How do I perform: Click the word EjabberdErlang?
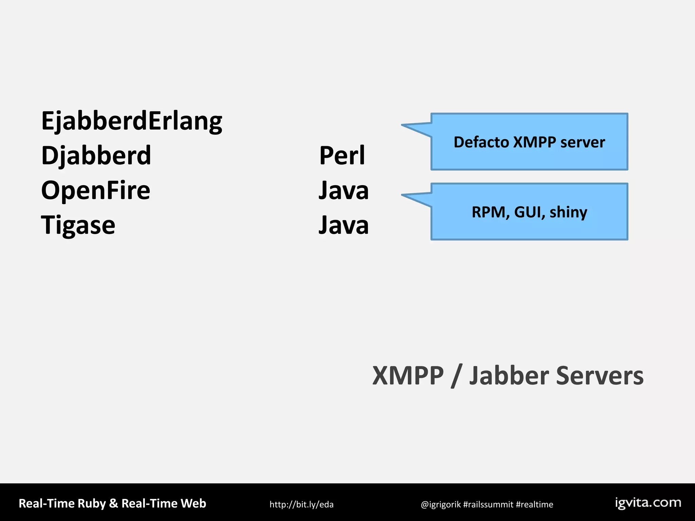pyautogui.click(x=132, y=121)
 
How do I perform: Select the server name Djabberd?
pyautogui.click(x=96, y=156)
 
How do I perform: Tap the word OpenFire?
pyautogui.click(x=95, y=190)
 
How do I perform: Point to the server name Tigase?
pyautogui.click(x=78, y=225)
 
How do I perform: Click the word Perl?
pyautogui.click(x=342, y=156)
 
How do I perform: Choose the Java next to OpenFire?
pyautogui.click(x=343, y=190)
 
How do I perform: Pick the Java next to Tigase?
pyautogui.click(x=343, y=225)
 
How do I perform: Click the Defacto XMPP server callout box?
pyautogui.click(x=529, y=142)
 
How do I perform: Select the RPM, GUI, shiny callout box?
pyautogui.click(x=529, y=212)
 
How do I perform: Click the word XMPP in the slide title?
pyautogui.click(x=408, y=376)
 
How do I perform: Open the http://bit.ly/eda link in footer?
pyautogui.click(x=301, y=504)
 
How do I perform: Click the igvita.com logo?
pyautogui.click(x=648, y=503)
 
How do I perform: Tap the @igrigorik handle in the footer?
pyautogui.click(x=440, y=505)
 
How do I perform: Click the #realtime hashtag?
pyautogui.click(x=534, y=505)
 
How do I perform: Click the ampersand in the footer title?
pyautogui.click(x=114, y=503)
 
